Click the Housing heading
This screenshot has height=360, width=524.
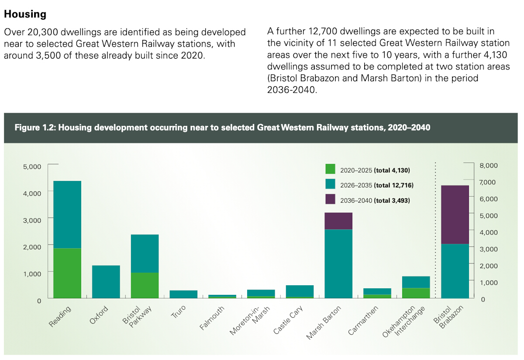[x=25, y=14]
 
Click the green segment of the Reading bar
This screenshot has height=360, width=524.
[x=67, y=273]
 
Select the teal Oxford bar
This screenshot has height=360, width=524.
[x=106, y=282]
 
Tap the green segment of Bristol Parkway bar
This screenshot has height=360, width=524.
[x=145, y=285]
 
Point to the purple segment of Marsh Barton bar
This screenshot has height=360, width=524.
[x=338, y=221]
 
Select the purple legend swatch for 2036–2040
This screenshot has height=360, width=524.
[x=330, y=200]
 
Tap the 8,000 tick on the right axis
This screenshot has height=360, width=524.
[x=489, y=165]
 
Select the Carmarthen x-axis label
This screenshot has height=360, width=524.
[x=363, y=320]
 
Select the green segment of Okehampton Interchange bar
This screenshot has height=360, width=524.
[x=416, y=293]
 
